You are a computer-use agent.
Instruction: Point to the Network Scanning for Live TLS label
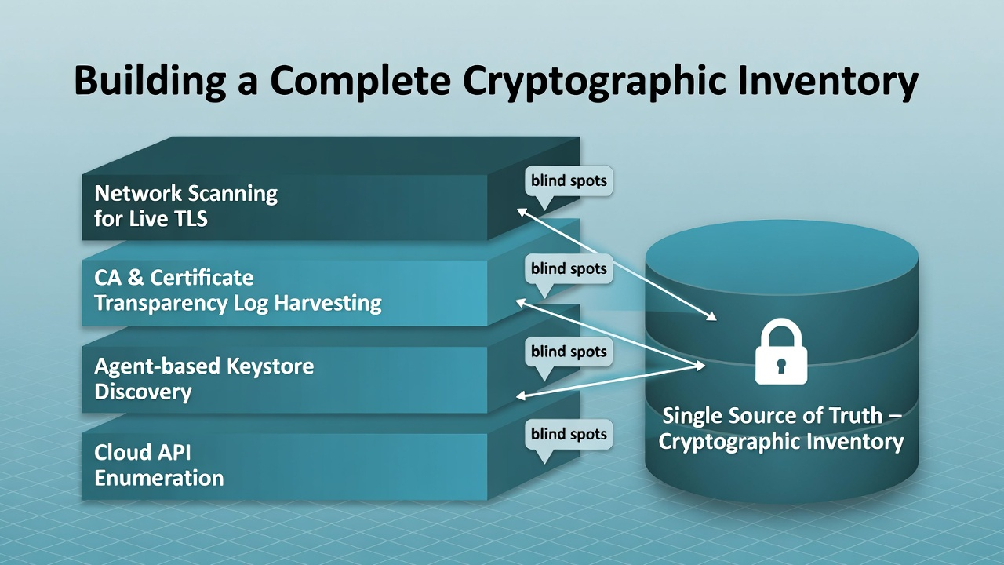coord(186,206)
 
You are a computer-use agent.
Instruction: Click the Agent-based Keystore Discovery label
coord(204,378)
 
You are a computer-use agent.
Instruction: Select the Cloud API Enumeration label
coord(159,465)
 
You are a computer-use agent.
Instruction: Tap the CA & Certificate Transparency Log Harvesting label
coord(238,290)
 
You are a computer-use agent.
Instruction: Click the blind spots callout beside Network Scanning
coord(569,181)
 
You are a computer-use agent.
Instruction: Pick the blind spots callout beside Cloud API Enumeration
coord(569,434)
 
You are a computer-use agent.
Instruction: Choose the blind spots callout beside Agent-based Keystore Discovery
coord(569,352)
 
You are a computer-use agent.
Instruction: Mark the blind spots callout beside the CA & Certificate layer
coord(569,268)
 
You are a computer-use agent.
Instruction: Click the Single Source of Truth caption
coord(780,428)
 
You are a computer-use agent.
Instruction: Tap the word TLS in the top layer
coord(186,218)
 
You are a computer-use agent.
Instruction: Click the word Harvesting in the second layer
coord(336,304)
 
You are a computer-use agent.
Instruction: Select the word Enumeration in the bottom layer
coord(159,478)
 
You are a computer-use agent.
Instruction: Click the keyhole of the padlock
coord(780,366)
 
